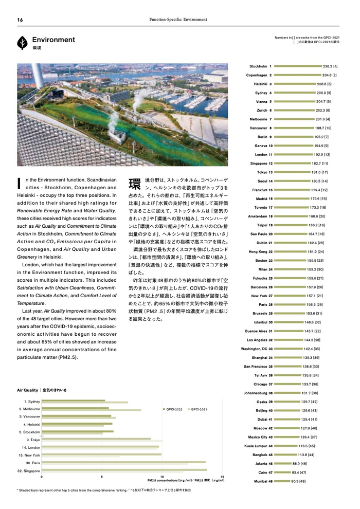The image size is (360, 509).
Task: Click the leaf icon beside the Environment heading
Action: (23, 42)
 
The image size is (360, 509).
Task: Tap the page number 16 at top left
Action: (20, 20)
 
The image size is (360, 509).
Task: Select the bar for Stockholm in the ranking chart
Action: (298, 66)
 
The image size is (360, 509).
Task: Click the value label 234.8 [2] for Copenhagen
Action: (330, 75)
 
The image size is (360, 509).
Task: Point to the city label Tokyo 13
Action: (264, 172)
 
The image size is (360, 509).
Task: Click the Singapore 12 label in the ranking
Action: (261, 163)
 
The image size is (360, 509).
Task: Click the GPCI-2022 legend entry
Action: (173, 409)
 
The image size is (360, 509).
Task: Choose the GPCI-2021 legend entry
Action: (199, 409)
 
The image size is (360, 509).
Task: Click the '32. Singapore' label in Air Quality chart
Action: (29, 470)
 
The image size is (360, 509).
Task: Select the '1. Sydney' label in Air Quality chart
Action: (32, 401)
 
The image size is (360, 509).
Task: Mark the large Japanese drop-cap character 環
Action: (135, 184)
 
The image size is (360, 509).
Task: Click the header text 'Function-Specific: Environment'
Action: (178, 20)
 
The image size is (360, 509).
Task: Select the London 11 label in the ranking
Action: (263, 154)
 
